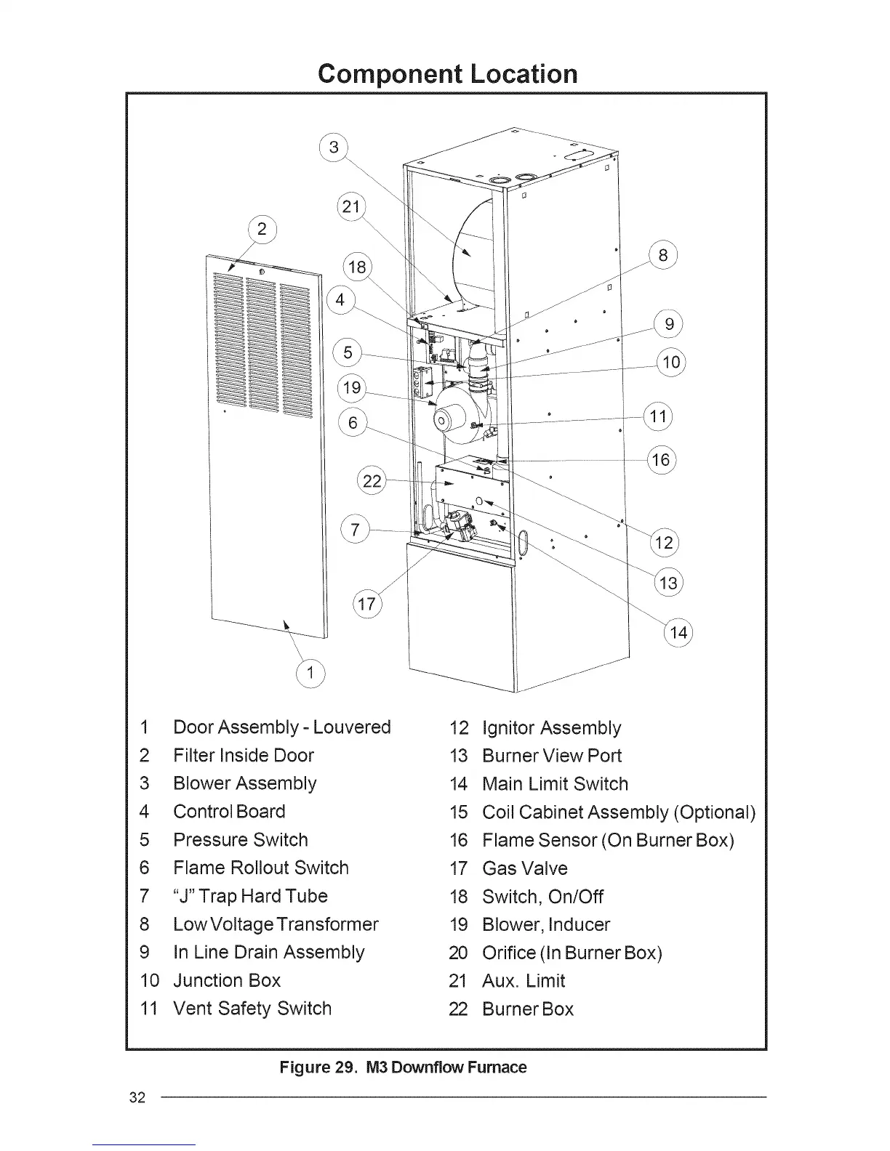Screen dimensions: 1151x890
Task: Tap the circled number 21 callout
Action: click(x=352, y=207)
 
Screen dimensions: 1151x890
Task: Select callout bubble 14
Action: click(x=678, y=633)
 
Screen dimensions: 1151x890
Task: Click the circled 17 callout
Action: click(x=367, y=604)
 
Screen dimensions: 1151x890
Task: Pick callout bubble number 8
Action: click(x=662, y=256)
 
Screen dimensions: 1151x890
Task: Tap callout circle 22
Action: click(x=372, y=481)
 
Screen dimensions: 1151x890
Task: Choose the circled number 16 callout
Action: click(x=661, y=460)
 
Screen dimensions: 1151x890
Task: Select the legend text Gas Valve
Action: click(x=524, y=868)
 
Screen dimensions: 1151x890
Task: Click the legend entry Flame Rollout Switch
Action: click(x=260, y=868)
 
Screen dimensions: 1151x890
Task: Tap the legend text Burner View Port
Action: click(x=552, y=756)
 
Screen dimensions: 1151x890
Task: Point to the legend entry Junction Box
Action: click(x=226, y=980)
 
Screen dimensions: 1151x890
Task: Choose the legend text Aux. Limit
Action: click(x=524, y=981)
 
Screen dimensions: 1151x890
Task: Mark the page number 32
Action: click(x=137, y=1097)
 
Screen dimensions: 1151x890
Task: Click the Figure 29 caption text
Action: click(x=403, y=1067)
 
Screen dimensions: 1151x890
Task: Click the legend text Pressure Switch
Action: click(x=240, y=840)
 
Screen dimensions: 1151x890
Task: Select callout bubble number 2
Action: click(x=262, y=230)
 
